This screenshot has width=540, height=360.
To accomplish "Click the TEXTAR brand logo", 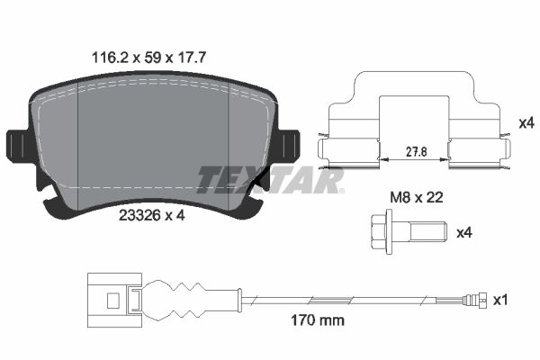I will [271, 180].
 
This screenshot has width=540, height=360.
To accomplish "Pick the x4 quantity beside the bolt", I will [464, 233].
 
